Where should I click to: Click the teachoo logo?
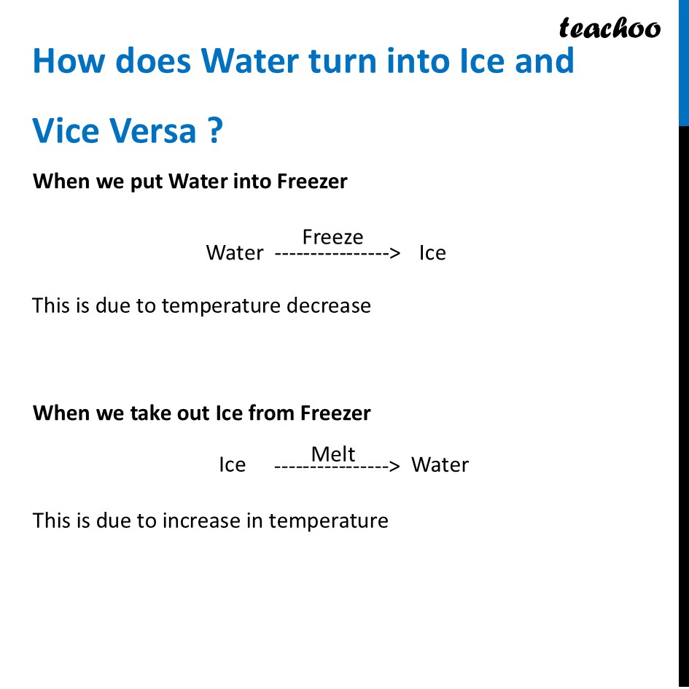[x=610, y=28]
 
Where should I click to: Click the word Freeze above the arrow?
[x=332, y=237]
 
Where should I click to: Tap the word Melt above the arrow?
[x=333, y=454]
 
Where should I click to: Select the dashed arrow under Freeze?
[x=338, y=254]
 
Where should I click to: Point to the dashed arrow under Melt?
[x=337, y=466]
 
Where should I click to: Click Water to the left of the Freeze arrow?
[x=235, y=253]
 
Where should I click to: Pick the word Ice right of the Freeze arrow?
[x=432, y=253]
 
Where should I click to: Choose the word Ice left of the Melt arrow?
[x=232, y=465]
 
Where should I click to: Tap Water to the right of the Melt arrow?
[x=440, y=465]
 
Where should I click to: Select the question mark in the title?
[x=214, y=131]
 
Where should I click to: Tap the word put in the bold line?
[x=147, y=182]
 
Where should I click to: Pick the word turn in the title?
[x=342, y=61]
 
